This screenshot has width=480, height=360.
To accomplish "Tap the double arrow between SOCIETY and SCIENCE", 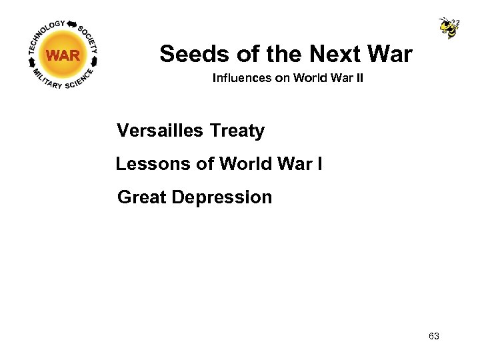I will (x=97, y=61).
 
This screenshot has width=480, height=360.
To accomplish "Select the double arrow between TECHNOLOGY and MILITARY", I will (x=30, y=61).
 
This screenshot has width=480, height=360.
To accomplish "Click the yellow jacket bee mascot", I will (x=449, y=27).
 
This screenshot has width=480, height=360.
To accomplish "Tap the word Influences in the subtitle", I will (x=241, y=78).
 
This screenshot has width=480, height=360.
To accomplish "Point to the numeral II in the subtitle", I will (x=359, y=78).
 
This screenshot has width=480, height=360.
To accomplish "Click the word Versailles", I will (x=159, y=131).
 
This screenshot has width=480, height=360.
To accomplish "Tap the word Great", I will (x=141, y=197).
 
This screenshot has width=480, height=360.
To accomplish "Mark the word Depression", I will (x=222, y=197).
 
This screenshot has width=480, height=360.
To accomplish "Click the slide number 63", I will (x=434, y=336).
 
